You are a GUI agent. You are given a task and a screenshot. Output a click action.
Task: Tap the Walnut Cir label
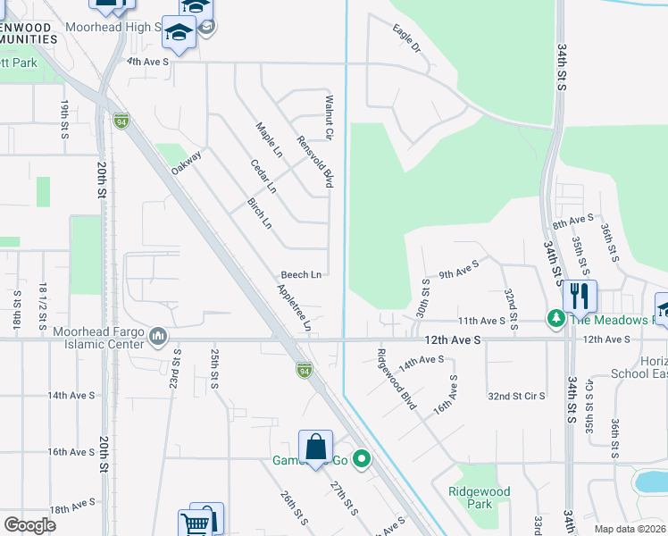click(x=329, y=117)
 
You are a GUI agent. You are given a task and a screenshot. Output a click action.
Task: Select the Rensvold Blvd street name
click(x=315, y=162)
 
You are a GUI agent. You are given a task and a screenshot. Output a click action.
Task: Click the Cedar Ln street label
click(x=264, y=175)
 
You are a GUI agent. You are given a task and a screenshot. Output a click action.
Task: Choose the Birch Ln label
click(x=259, y=212)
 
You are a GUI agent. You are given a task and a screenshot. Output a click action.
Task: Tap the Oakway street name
click(x=187, y=162)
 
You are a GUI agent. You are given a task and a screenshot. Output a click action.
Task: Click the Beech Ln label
click(x=301, y=275)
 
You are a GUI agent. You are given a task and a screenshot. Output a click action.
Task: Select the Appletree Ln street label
click(x=294, y=308)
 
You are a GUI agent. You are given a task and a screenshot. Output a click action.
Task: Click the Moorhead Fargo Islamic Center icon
click(x=159, y=336)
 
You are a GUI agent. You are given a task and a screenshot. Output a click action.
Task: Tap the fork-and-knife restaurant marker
click(x=580, y=294)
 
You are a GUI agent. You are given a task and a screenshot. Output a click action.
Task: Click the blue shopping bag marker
click(x=315, y=447)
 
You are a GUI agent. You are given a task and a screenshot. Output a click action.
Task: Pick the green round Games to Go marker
click(x=362, y=460)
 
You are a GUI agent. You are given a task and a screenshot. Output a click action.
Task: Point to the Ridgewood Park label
click(x=480, y=498)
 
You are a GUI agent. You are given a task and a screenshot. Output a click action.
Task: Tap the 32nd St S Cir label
click(x=516, y=394)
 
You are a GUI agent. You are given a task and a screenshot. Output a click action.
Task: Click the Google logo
click(x=30, y=525)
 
